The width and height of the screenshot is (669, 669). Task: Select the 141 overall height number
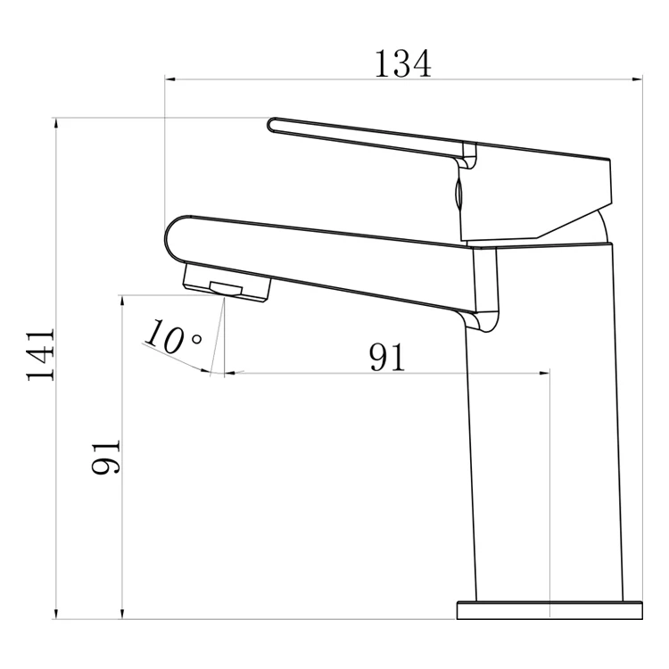[x=41, y=355]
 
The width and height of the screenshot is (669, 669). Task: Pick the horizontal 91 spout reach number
[x=387, y=357]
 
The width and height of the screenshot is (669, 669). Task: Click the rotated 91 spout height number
[x=105, y=457]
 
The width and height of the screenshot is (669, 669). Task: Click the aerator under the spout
[x=227, y=283]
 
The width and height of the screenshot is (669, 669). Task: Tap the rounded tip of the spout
[x=174, y=236]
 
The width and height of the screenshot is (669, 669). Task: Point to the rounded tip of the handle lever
[x=274, y=124]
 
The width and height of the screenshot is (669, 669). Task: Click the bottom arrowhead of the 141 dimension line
[x=56, y=613]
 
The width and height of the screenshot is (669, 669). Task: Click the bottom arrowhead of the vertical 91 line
[x=122, y=613]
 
